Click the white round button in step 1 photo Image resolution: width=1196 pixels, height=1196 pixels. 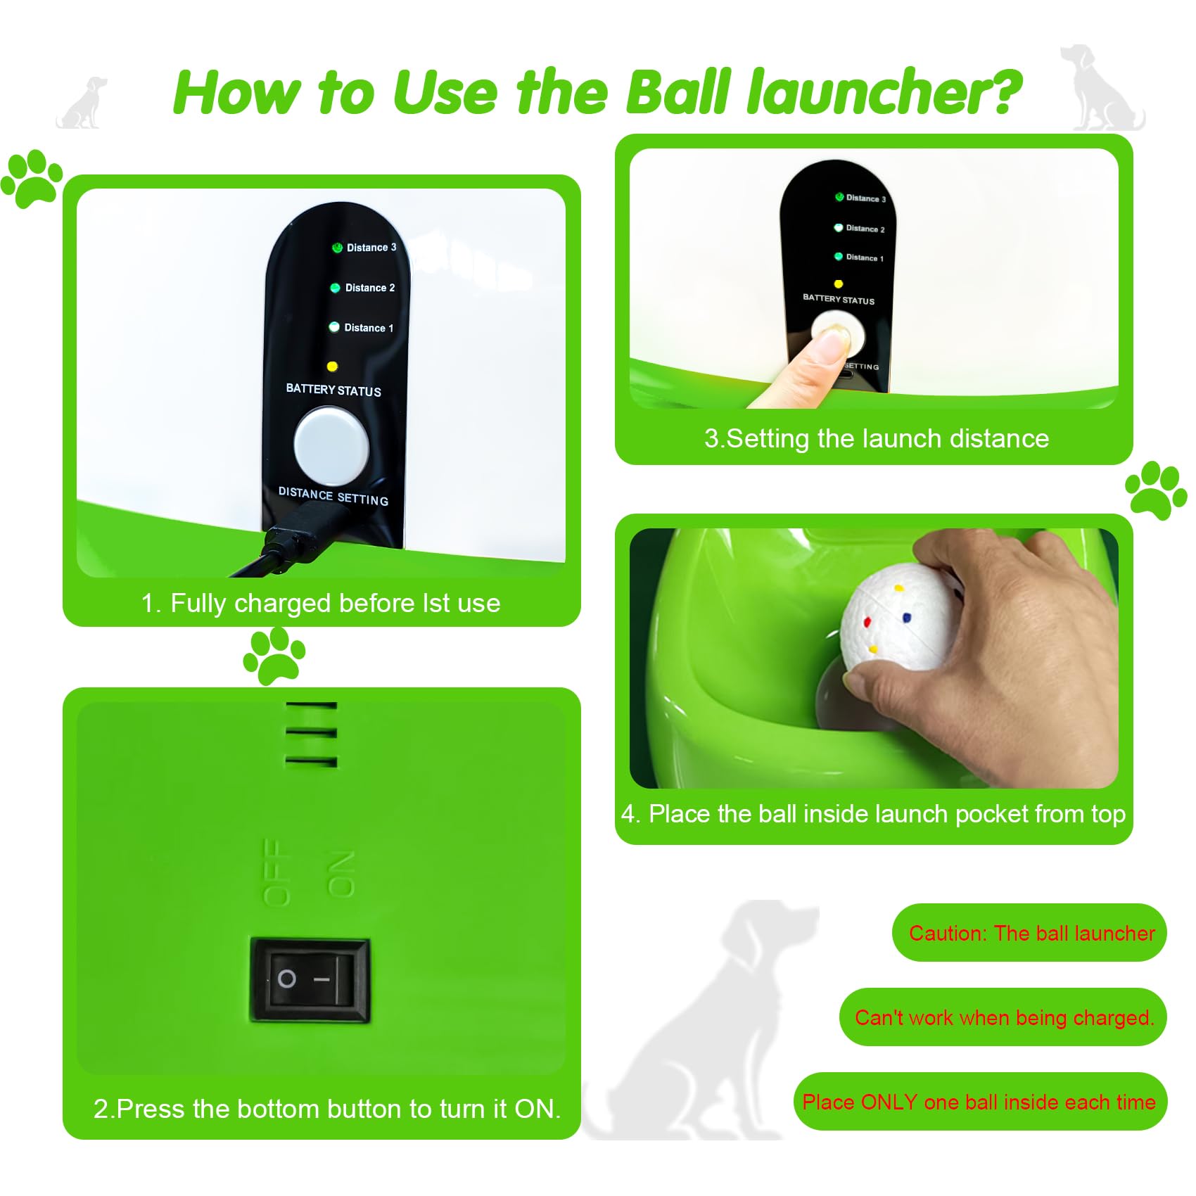point(331,447)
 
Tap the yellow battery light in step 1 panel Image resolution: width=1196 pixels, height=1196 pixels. point(332,366)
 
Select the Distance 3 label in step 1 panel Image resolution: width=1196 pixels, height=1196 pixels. point(371,248)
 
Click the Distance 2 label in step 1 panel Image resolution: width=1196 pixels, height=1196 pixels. point(369,288)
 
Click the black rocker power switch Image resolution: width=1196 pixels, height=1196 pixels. point(310,979)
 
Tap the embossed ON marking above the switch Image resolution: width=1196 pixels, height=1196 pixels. point(341,874)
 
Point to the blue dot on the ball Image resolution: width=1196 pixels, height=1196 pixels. point(906,618)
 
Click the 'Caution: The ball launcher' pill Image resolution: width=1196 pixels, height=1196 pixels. point(1030,933)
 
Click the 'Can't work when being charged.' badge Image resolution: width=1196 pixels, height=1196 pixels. point(1004,1017)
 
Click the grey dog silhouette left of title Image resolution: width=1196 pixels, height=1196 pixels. point(83,104)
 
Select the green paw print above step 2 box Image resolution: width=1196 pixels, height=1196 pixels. point(274,656)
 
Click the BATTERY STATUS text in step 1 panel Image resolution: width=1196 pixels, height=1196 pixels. point(333,390)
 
